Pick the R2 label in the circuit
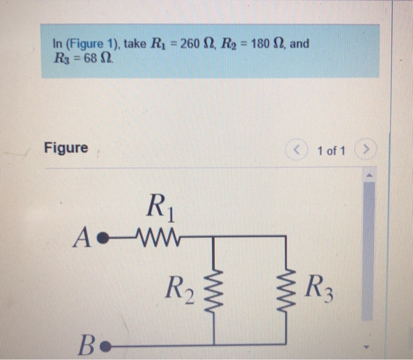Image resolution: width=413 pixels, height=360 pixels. [176, 289]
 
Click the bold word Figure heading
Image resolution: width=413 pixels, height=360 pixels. [66, 148]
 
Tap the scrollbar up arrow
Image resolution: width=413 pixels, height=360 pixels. [369, 175]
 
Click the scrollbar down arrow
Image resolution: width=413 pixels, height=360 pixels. [369, 347]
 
